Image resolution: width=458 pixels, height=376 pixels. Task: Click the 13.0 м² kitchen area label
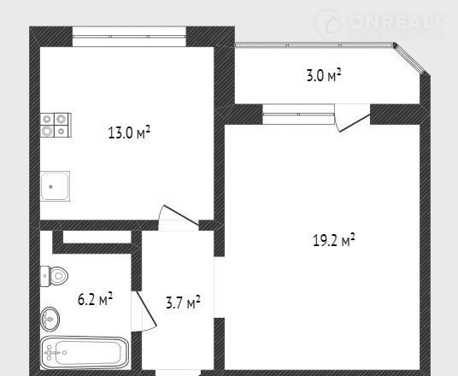[129, 132]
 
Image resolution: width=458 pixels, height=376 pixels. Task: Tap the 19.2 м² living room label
[334, 240]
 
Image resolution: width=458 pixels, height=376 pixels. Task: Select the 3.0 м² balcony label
[324, 75]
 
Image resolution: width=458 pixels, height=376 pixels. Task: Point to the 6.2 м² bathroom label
[95, 298]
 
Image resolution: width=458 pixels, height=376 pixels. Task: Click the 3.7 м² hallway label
[183, 303]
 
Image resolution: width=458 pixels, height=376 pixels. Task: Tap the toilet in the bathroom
[55, 276]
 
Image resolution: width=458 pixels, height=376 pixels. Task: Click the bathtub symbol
[85, 353]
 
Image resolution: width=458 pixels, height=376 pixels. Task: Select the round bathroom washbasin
[50, 319]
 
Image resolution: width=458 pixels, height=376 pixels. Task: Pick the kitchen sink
[55, 186]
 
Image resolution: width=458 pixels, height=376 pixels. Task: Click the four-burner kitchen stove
[56, 125]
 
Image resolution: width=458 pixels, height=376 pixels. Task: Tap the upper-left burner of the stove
[47, 119]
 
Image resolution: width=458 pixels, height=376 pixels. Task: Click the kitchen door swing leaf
[180, 215]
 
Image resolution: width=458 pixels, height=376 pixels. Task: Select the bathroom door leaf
[146, 308]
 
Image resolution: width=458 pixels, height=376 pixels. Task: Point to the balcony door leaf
[355, 123]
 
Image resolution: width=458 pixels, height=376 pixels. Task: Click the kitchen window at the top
[129, 37]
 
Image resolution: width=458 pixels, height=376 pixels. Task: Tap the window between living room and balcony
[298, 115]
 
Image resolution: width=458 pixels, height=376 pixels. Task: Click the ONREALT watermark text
[396, 22]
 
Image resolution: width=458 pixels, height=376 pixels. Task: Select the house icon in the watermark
[328, 23]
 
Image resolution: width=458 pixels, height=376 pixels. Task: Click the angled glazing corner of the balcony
[410, 59]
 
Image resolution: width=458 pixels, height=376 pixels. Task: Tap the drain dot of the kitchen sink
[50, 186]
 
